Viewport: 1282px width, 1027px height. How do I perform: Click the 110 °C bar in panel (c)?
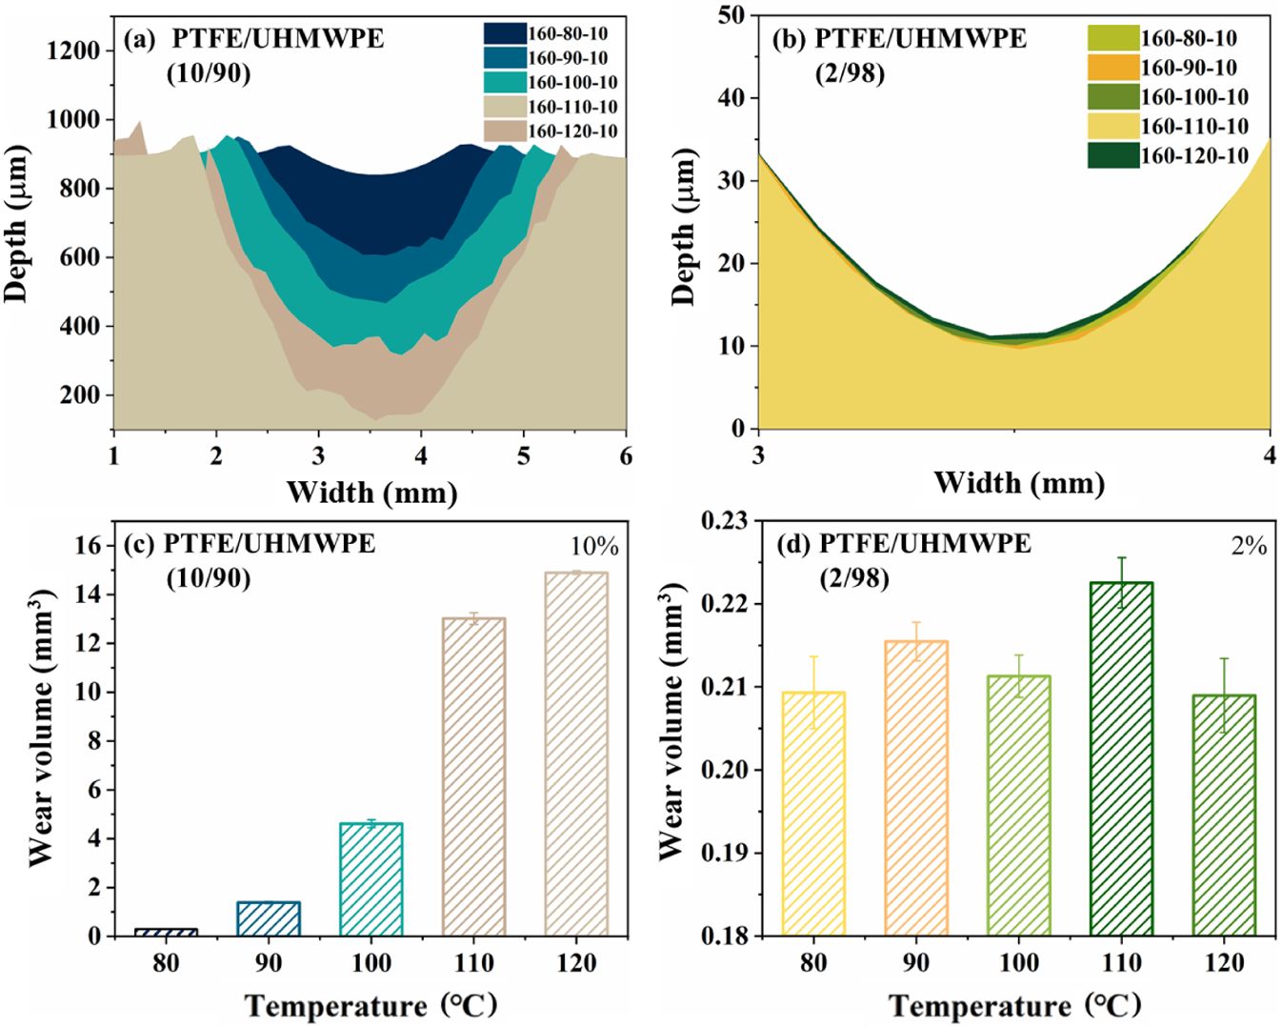(x=473, y=776)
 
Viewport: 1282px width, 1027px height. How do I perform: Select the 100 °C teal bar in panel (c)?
(x=371, y=878)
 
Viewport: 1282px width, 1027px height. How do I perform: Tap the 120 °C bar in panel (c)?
(x=576, y=754)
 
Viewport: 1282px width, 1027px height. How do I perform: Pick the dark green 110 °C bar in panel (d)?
(x=1121, y=758)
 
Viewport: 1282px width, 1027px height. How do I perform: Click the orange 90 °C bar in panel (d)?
(x=915, y=788)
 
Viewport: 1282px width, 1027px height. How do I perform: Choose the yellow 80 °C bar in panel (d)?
(x=813, y=814)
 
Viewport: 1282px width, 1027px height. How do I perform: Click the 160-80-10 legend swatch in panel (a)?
(x=505, y=33)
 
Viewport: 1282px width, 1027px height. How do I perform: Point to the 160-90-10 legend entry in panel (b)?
(x=1189, y=68)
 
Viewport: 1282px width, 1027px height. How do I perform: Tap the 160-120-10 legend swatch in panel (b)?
(x=1113, y=156)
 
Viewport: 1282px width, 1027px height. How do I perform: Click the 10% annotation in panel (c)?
(x=594, y=547)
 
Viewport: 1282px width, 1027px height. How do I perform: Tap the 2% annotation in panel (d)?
(x=1249, y=546)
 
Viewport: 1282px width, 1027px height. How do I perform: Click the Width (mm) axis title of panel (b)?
(x=1018, y=482)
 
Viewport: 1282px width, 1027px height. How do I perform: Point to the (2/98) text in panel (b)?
(x=851, y=72)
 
